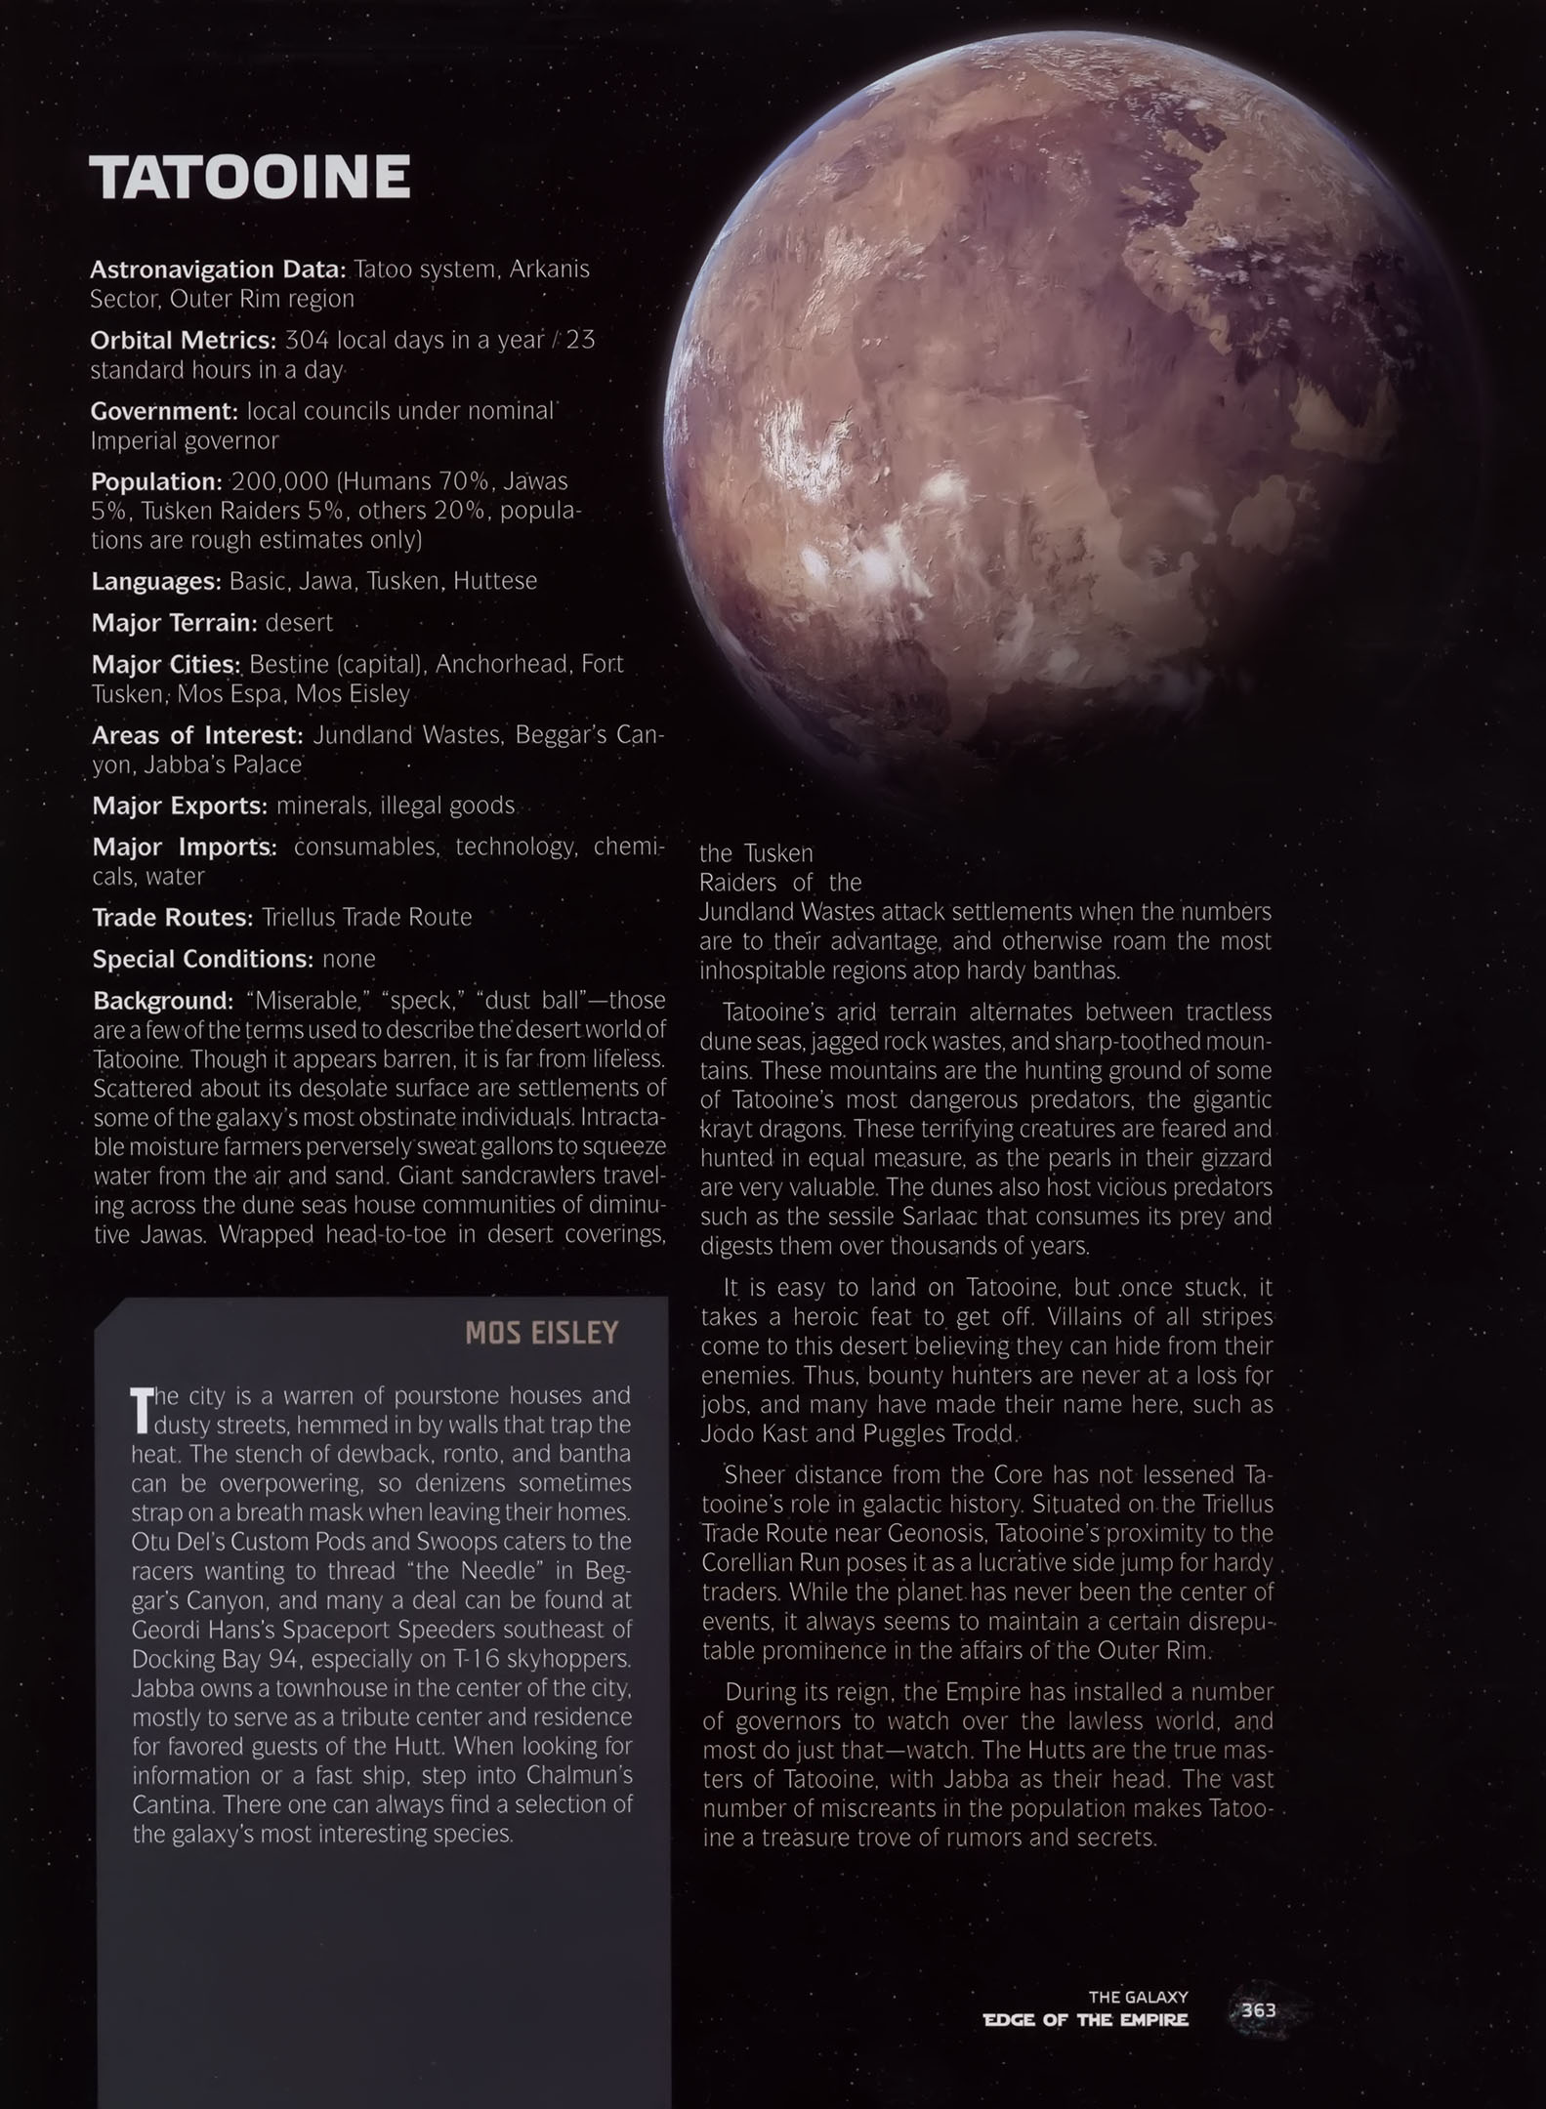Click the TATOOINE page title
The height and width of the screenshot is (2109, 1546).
(x=250, y=177)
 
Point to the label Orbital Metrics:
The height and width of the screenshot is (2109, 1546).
(x=184, y=341)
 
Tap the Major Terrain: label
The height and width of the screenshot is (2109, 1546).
(x=174, y=623)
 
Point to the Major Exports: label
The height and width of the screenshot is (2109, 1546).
(x=180, y=806)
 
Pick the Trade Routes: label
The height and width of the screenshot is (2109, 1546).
(x=173, y=918)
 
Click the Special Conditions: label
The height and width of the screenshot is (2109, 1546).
(x=203, y=960)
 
